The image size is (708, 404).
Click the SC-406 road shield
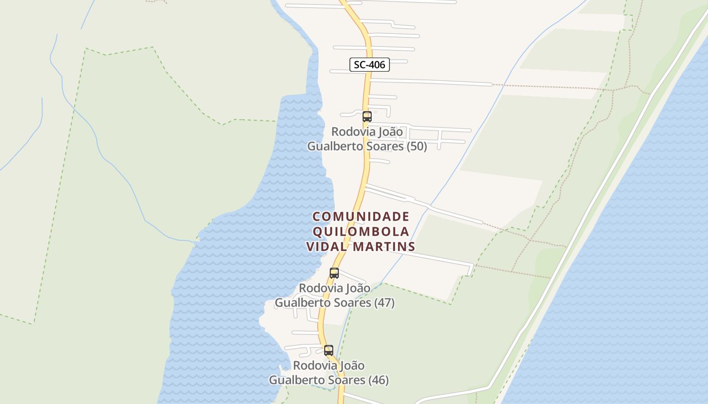click(x=370, y=65)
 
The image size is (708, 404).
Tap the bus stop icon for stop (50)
click(x=367, y=117)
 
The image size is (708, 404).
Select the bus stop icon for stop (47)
click(x=334, y=273)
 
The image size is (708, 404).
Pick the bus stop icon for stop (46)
click(x=329, y=350)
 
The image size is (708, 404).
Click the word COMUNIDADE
click(x=361, y=217)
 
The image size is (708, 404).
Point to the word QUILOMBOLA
click(x=361, y=232)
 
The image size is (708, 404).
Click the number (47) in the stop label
click(x=384, y=303)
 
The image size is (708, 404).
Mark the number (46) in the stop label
click(x=379, y=380)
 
